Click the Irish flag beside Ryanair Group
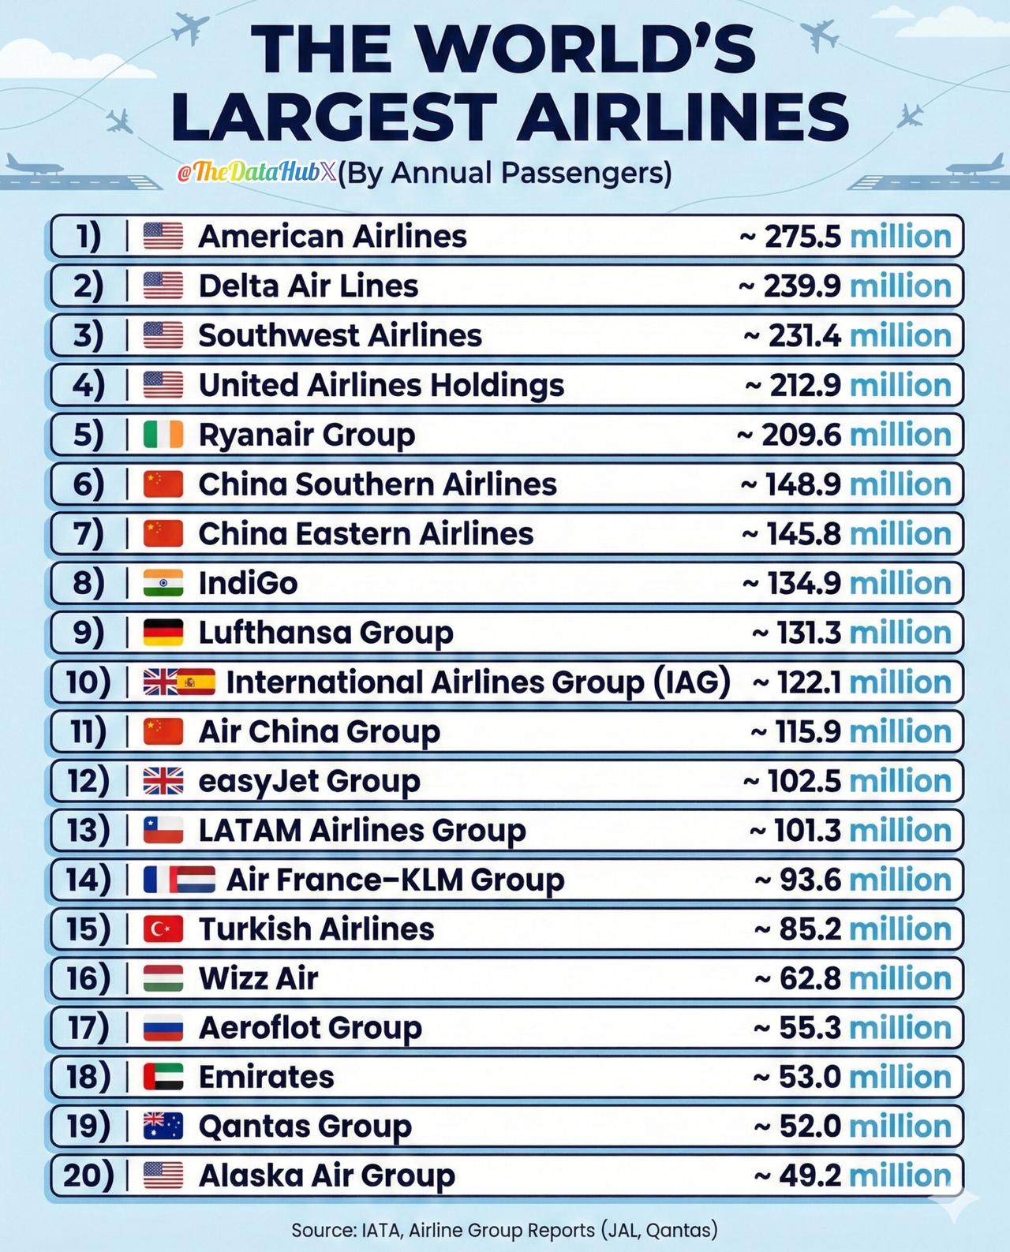pos(163,435)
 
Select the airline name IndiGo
pos(248,584)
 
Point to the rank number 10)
pos(88,682)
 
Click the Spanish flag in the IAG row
pos(196,682)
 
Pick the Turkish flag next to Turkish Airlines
pos(163,929)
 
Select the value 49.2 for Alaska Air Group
pos(810,1176)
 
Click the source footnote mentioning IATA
pos(504,1230)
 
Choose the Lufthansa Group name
pos(325,633)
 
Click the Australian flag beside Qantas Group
pos(163,1127)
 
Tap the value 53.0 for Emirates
pos(810,1078)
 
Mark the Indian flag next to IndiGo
pos(163,584)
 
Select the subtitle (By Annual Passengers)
pos(505,173)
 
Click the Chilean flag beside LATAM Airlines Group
pos(163,831)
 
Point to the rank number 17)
pos(88,1028)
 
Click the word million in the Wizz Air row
pos(900,979)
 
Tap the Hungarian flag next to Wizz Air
pos(163,979)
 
